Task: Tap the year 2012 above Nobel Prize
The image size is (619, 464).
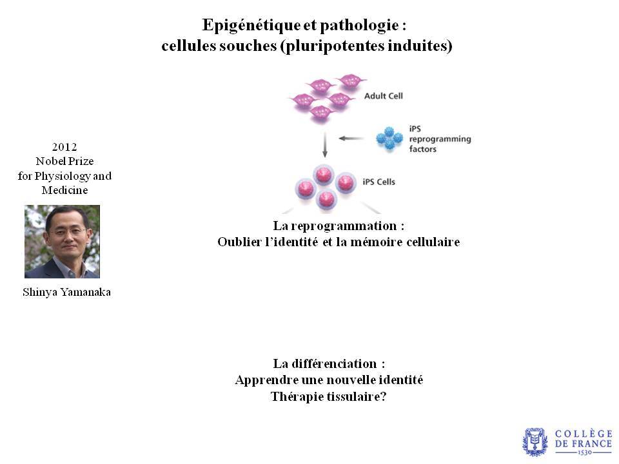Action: pos(64,147)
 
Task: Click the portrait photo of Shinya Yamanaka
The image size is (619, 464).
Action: pos(62,242)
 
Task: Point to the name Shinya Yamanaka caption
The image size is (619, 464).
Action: pos(66,292)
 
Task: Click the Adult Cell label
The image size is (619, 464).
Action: pos(383,96)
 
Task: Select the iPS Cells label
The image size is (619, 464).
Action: pos(378,182)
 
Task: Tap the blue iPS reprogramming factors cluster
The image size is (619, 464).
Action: pos(389,139)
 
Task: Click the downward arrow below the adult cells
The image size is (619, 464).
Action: pos(325,144)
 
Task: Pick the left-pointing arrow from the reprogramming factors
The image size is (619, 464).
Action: pos(351,139)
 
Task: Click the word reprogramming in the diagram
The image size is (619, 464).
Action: pos(440,139)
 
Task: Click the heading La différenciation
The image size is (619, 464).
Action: pos(329,363)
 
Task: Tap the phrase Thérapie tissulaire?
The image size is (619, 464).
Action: pos(328,396)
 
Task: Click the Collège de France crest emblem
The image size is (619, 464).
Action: pos(535,442)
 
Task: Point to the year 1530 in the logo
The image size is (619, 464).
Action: pos(585,452)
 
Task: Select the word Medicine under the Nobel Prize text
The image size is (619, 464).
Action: pos(64,190)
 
